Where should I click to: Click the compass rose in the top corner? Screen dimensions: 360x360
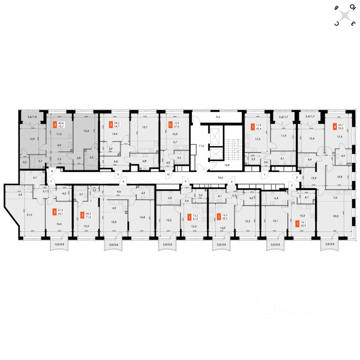(x=345, y=15)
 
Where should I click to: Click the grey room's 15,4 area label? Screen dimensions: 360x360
(x=87, y=130)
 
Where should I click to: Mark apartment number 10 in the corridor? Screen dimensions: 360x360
(x=168, y=175)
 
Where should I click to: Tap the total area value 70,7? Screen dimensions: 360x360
(x=60, y=127)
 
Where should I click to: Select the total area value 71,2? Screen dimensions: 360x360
(x=88, y=217)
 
